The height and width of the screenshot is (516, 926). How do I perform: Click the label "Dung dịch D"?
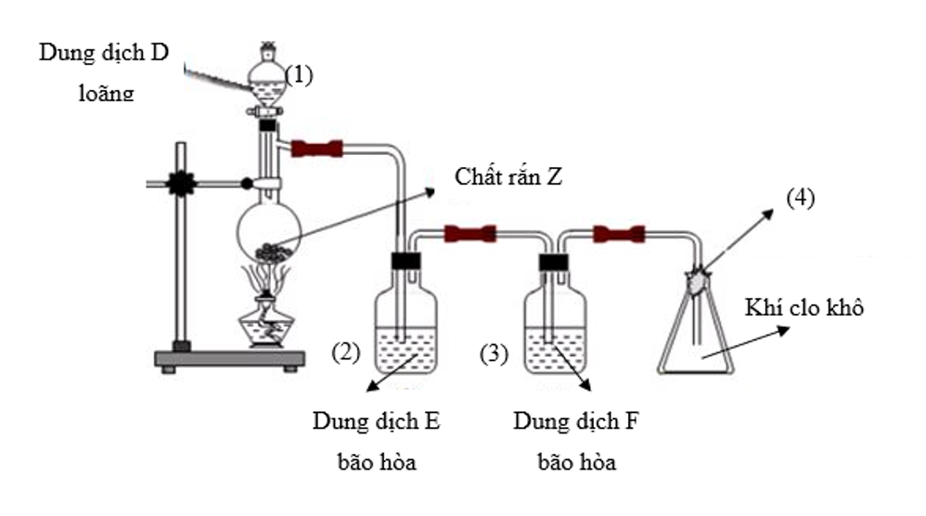(x=104, y=53)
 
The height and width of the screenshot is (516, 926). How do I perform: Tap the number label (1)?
(x=299, y=75)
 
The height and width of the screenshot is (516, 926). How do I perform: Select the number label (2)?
(x=345, y=353)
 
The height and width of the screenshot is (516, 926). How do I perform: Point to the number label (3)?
(x=494, y=354)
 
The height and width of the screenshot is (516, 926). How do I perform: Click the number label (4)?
(x=800, y=198)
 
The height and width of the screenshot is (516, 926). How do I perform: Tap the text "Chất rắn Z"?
(x=508, y=176)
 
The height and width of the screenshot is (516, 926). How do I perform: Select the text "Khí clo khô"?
(x=804, y=307)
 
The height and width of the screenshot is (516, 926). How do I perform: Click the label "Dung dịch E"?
(x=376, y=421)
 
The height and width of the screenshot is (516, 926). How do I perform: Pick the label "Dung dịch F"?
(x=576, y=421)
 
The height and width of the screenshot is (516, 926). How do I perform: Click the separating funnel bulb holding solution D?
(x=266, y=84)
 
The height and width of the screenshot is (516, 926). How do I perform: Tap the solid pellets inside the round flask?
(x=274, y=252)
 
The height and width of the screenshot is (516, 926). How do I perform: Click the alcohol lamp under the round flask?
(x=265, y=322)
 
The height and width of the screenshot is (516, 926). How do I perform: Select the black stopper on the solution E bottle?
(x=405, y=261)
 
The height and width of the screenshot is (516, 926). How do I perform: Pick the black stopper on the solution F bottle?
(x=553, y=262)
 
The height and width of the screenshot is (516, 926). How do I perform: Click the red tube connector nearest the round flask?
(x=317, y=148)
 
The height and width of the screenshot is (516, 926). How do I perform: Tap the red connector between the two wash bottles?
(x=470, y=234)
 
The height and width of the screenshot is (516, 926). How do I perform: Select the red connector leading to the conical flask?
(x=619, y=235)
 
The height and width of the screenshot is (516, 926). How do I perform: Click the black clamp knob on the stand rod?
(x=181, y=184)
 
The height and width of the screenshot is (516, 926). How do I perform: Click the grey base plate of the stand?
(x=230, y=359)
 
